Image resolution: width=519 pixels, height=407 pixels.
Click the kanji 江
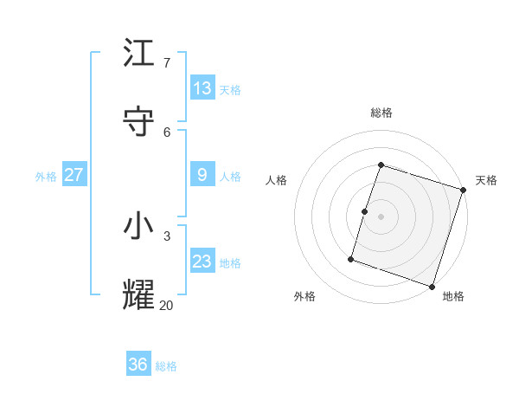(138, 54)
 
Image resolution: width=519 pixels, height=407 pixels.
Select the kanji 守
(138, 122)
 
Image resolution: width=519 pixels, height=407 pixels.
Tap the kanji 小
(138, 226)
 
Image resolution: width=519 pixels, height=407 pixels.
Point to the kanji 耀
(138, 294)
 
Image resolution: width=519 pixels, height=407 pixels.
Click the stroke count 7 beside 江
(166, 62)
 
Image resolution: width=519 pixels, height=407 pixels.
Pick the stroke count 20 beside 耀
(166, 304)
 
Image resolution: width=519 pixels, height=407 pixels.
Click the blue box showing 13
(202, 88)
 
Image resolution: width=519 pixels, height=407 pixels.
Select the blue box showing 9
(202, 175)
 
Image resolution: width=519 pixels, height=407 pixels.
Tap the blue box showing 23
(202, 262)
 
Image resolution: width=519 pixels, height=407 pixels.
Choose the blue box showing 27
(74, 175)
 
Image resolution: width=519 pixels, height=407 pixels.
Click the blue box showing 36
(138, 365)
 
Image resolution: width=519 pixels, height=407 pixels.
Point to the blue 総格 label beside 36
(166, 366)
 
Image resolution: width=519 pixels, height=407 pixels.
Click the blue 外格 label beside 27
(46, 176)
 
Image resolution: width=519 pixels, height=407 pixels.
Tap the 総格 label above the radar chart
(381, 113)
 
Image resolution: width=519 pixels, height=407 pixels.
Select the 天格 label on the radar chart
(486, 180)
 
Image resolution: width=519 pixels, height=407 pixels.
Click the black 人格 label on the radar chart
(276, 180)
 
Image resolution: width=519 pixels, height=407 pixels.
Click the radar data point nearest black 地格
(432, 287)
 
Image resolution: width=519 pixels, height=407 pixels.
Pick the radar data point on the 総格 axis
(381, 165)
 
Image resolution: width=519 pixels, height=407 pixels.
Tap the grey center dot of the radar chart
(381, 216)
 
